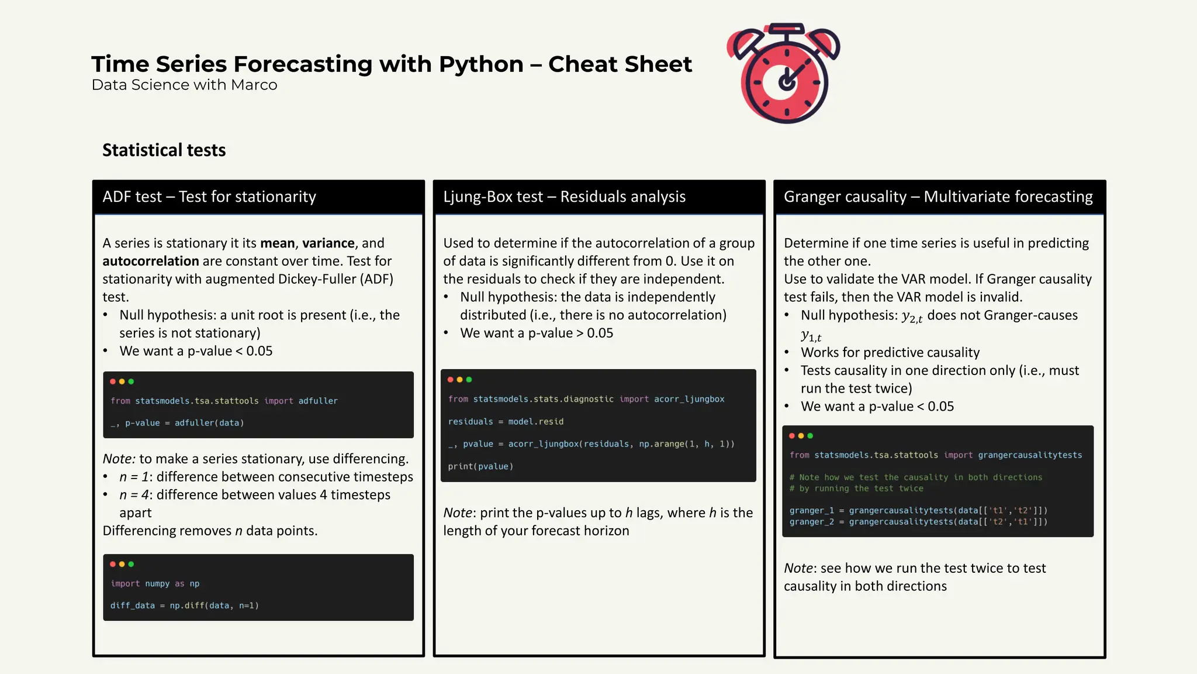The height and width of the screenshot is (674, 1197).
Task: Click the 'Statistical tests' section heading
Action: [164, 150]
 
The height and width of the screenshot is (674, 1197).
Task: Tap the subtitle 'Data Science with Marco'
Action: [184, 85]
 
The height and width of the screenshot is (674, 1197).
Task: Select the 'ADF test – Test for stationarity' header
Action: [209, 197]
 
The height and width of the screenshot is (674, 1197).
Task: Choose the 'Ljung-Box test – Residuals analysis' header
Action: [564, 197]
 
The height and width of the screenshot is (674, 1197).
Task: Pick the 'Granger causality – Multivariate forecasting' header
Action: [938, 197]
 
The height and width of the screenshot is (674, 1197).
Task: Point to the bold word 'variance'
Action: [328, 243]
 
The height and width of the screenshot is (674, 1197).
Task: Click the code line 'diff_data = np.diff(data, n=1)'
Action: [184, 606]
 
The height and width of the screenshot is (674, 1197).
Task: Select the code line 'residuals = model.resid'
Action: [506, 421]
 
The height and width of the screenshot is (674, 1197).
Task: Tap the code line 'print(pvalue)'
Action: [480, 466]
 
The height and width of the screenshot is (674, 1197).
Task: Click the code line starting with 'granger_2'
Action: [918, 522]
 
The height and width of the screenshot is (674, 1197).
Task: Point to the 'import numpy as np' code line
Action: [155, 583]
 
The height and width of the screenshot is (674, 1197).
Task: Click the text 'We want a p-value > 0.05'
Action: [537, 333]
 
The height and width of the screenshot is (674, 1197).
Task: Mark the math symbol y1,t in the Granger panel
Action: [811, 336]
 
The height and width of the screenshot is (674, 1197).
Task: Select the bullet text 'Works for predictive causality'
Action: [890, 352]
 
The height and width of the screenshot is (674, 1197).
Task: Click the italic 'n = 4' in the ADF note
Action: [134, 495]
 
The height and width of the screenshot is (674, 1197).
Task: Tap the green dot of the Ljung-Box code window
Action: [469, 380]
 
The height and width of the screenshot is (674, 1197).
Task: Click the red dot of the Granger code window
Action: [792, 436]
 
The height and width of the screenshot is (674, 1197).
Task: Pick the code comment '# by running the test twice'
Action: [856, 489]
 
